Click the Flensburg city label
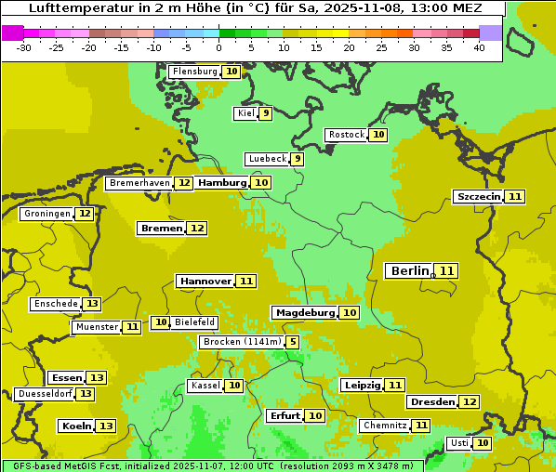point(194,72)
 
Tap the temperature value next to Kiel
point(266,113)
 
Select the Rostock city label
point(346,135)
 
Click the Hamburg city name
point(222,183)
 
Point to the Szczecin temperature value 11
point(515,196)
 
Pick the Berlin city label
point(410,271)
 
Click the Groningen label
point(46,214)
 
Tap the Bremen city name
point(161,228)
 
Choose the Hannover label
point(205,281)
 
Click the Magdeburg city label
point(304,312)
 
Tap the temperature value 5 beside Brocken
point(294,342)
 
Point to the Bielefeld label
point(194,322)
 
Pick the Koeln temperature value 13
point(107,426)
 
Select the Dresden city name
point(431,402)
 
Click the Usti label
point(459,443)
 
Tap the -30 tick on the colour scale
point(24,47)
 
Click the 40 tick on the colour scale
point(479,47)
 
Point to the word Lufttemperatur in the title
point(67,7)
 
